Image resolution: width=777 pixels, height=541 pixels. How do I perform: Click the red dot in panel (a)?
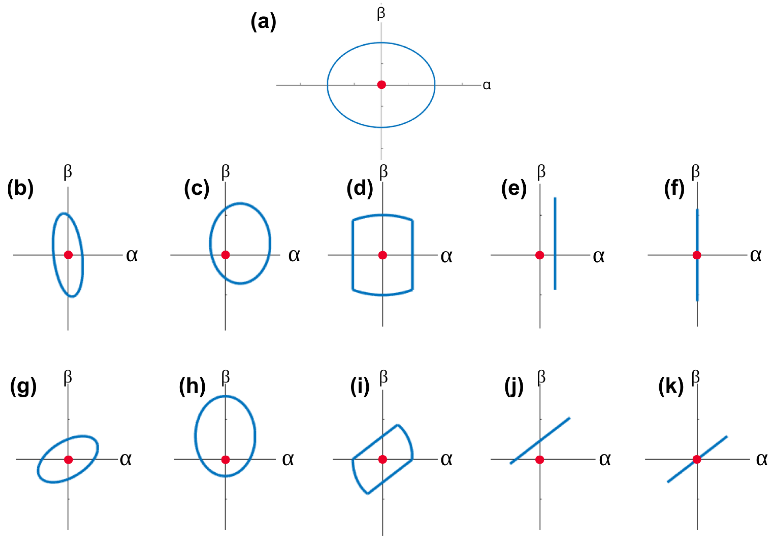381,85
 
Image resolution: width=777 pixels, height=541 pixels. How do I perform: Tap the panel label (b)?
20,188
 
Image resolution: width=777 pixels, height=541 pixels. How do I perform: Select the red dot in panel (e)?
540,255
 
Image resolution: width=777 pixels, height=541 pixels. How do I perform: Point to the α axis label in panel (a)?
487,85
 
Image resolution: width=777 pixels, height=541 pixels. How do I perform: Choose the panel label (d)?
360,188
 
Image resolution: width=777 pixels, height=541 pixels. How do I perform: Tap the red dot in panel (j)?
540,460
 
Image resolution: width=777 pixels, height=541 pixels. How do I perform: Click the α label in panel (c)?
294,255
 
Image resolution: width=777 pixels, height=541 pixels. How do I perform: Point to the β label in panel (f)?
695,172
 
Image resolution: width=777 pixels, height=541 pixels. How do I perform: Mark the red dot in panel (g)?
68,460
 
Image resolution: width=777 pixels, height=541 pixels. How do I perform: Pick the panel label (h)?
192,386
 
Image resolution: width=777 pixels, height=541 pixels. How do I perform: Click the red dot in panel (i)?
383,460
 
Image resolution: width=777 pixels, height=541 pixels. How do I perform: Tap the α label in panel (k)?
762,460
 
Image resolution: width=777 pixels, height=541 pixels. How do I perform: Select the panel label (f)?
674,188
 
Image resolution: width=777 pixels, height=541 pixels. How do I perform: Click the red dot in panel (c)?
225,255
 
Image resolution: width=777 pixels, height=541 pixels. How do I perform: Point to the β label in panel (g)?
68,377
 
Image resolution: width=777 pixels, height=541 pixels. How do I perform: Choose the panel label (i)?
360,386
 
